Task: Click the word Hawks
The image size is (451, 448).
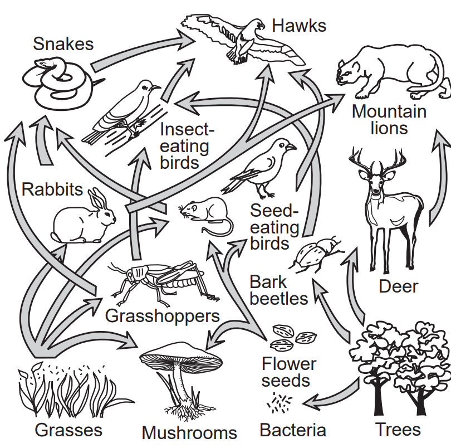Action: point(299,25)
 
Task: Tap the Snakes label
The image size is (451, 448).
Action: point(63,43)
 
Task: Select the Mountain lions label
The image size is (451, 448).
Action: point(389,120)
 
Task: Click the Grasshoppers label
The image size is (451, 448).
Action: point(163,316)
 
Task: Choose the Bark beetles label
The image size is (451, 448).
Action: point(278,290)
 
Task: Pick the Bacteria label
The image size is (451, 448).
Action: point(293,430)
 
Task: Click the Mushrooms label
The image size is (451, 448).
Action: point(189,432)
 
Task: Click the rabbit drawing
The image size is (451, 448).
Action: point(84,220)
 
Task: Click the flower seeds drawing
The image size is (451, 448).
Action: point(292,335)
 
